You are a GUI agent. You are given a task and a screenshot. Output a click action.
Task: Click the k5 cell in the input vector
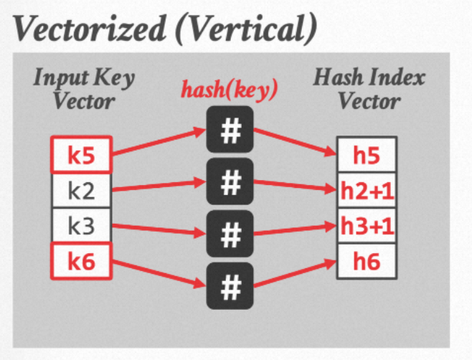coord(80,154)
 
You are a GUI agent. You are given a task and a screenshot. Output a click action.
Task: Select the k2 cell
coord(80,191)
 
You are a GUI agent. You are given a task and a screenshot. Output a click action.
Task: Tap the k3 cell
coord(80,227)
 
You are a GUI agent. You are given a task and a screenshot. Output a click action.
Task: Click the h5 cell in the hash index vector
coord(367,154)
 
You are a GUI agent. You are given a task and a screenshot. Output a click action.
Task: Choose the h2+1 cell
coord(367,191)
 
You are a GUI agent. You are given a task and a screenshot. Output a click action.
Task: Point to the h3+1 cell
coord(367,227)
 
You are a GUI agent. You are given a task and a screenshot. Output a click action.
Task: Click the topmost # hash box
coord(230,130)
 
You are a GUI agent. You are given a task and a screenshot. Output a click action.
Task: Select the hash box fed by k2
coord(230,182)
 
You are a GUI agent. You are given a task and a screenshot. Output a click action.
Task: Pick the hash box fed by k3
coord(230,234)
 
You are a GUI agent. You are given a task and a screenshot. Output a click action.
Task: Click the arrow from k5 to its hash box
coord(159,142)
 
